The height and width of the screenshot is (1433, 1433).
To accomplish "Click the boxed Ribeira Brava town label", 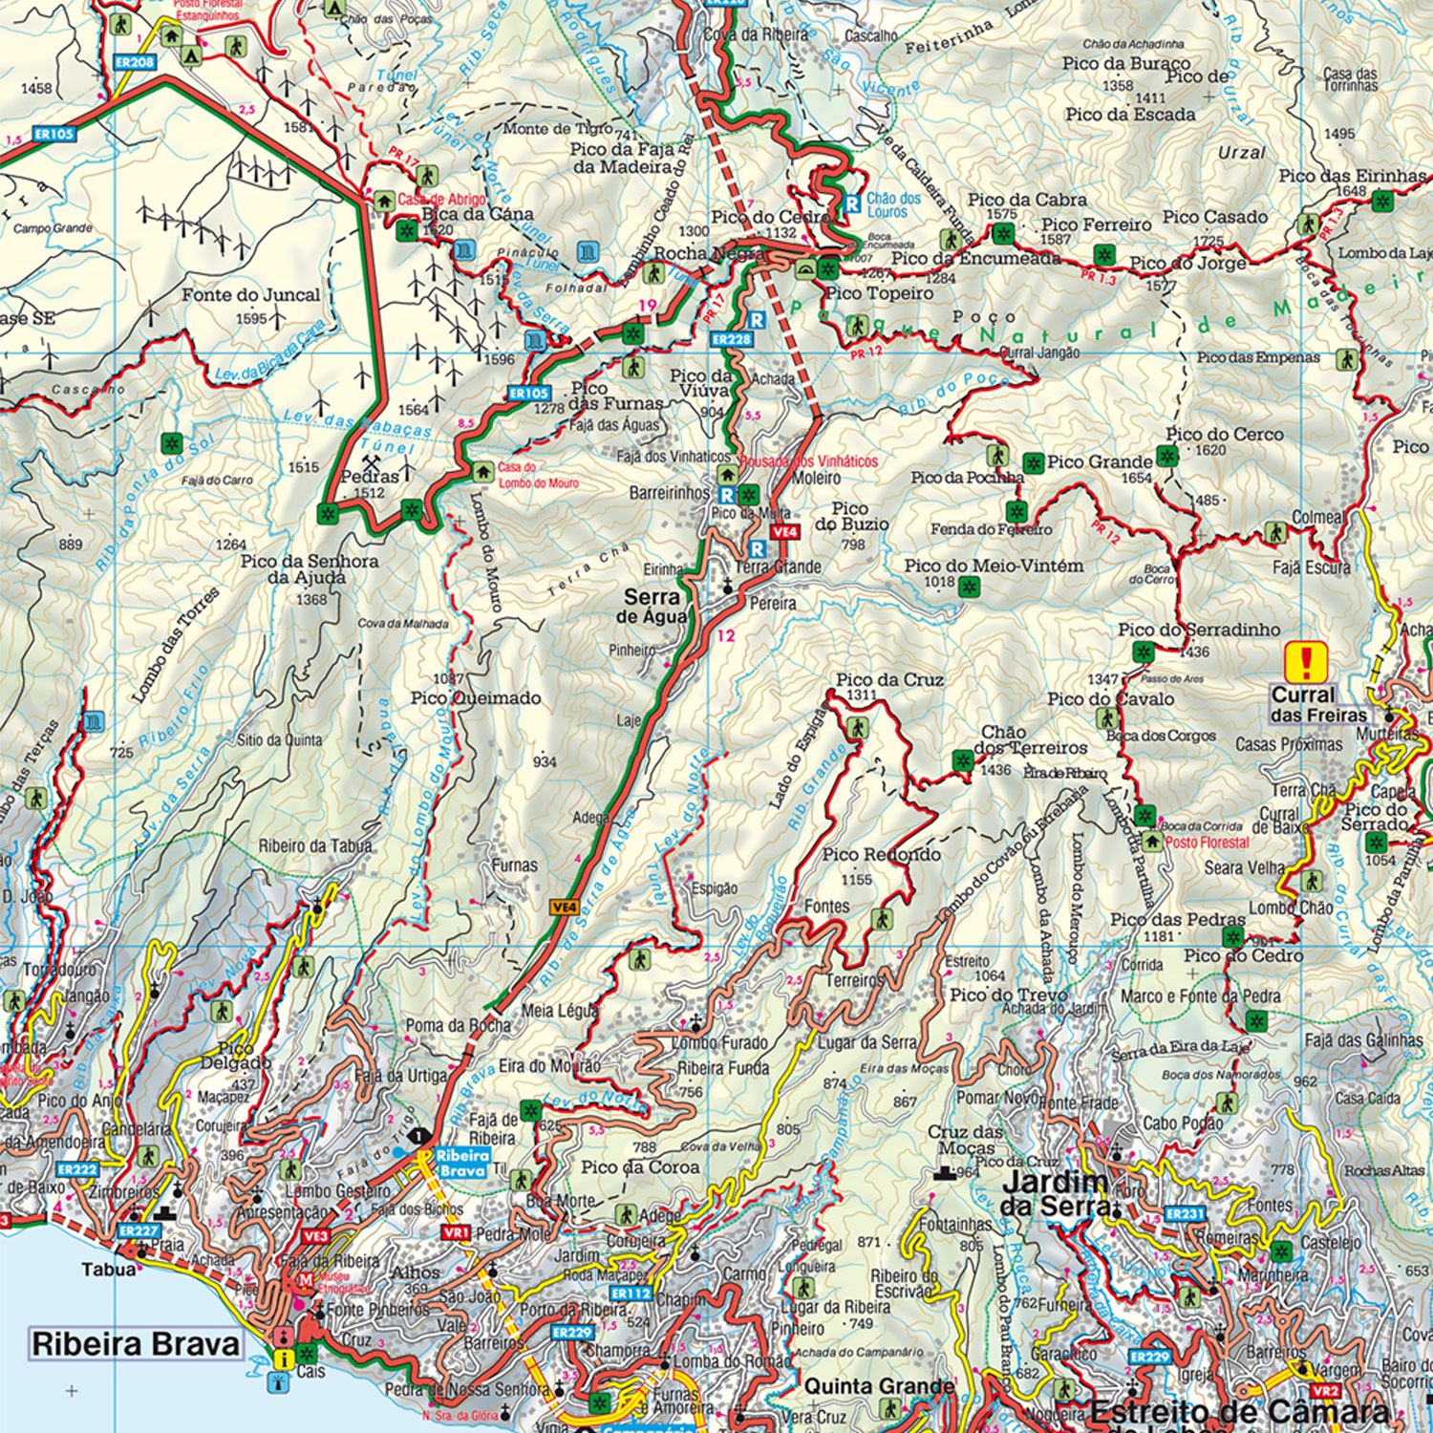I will (x=136, y=1344).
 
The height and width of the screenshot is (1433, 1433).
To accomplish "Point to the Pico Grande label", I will (x=1099, y=461).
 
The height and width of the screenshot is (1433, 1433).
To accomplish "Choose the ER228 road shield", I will (x=732, y=339).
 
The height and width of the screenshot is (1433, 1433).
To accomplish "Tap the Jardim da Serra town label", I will (x=1056, y=1194).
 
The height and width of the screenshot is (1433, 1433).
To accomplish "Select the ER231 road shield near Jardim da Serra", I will (x=1185, y=1214).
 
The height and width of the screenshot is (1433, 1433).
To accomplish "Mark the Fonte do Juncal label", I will (x=251, y=295).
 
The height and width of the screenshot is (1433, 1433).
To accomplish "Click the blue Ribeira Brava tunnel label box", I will (x=462, y=1161).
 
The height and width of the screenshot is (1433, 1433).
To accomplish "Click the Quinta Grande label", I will (x=878, y=1385).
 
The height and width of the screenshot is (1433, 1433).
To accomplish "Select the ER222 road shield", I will (x=77, y=1168).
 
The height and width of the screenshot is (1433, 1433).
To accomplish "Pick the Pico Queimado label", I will (x=476, y=697).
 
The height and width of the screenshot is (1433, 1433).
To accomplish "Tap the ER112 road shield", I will (x=631, y=1294).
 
